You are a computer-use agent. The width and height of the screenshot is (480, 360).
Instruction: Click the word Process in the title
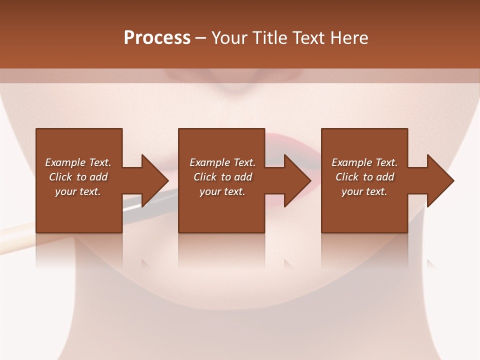click(157, 38)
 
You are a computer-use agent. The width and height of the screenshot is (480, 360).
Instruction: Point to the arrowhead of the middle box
click(297, 180)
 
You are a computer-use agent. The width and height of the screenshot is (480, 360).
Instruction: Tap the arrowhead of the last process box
click(440, 180)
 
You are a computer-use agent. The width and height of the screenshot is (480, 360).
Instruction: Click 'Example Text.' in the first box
click(78, 162)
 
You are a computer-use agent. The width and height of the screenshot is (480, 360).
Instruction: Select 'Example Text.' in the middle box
click(222, 162)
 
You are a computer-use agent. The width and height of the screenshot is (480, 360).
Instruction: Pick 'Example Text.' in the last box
click(364, 162)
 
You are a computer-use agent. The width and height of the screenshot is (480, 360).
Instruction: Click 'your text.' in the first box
click(78, 191)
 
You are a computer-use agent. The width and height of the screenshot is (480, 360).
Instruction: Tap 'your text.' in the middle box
click(222, 191)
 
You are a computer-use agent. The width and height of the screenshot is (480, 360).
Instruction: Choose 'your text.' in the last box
click(364, 191)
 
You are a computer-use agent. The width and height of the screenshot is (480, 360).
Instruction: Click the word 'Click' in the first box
click(61, 177)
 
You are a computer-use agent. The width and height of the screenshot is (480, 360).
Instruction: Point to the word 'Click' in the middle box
click(205, 177)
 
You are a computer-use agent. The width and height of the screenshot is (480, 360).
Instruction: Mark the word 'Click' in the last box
click(347, 177)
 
